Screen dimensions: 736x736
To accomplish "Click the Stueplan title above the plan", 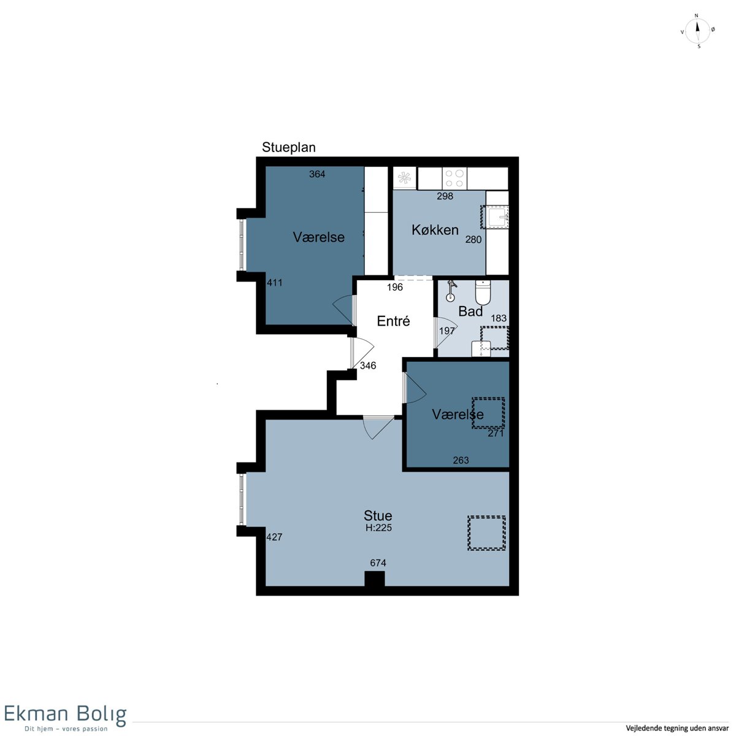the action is pyautogui.click(x=288, y=147).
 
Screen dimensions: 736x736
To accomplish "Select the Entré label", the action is pyautogui.click(x=393, y=321).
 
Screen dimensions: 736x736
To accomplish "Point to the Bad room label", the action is pyautogui.click(x=470, y=312).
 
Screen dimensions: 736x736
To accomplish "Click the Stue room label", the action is pyautogui.click(x=377, y=516).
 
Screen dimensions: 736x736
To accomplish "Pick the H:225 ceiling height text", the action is pyautogui.click(x=378, y=528).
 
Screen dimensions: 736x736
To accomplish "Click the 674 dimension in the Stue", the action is pyautogui.click(x=378, y=562).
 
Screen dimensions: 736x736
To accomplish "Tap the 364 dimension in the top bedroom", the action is pyautogui.click(x=317, y=174).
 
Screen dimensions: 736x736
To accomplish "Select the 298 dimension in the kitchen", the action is pyautogui.click(x=445, y=196).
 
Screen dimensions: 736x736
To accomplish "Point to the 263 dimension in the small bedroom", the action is pyautogui.click(x=461, y=460).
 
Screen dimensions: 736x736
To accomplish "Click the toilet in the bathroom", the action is pyautogui.click(x=483, y=293).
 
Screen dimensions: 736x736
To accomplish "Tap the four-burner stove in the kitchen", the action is pyautogui.click(x=454, y=178).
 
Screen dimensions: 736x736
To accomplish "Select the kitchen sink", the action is pyautogui.click(x=497, y=217).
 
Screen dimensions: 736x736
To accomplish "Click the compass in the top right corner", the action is pyautogui.click(x=697, y=31).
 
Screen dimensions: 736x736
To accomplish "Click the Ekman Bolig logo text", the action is pyautogui.click(x=65, y=714).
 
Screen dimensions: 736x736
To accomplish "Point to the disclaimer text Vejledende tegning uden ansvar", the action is pyautogui.click(x=677, y=728).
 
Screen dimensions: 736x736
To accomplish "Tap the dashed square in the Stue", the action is pyautogui.click(x=486, y=533).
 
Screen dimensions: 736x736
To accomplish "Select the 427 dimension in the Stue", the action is pyautogui.click(x=274, y=537).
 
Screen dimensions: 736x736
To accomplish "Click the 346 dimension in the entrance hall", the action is pyautogui.click(x=368, y=366).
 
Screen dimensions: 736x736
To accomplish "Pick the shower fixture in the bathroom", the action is pyautogui.click(x=451, y=291).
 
